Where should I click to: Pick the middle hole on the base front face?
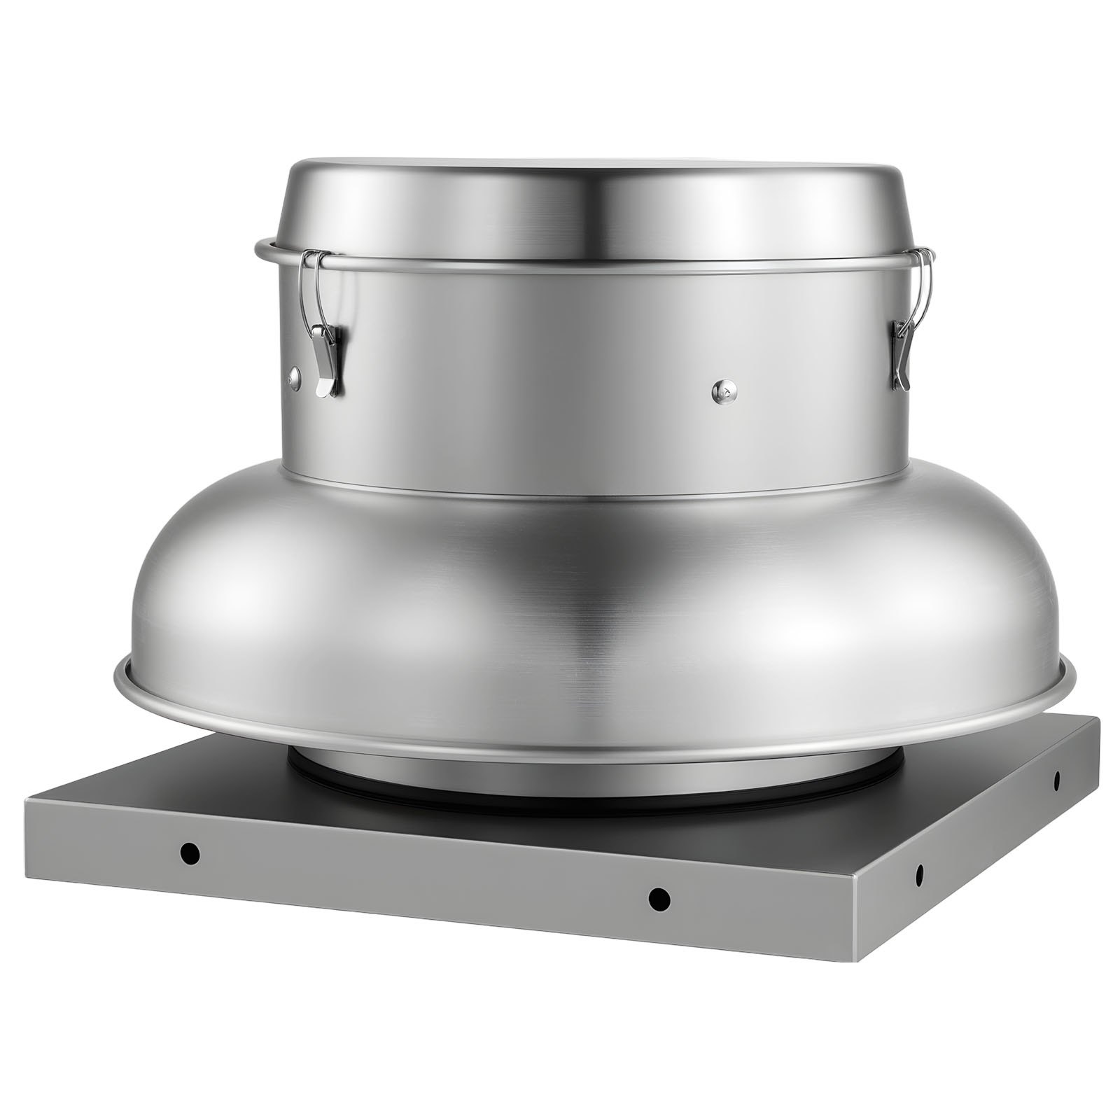click(x=657, y=898)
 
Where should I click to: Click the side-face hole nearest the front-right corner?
click(x=919, y=874)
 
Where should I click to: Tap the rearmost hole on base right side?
click(x=1057, y=778)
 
